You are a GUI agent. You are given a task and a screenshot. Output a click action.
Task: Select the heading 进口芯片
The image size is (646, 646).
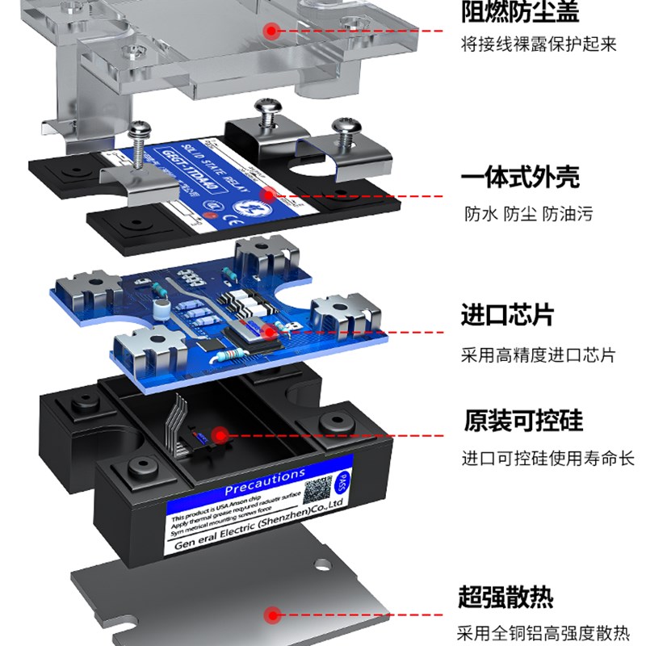click(508, 314)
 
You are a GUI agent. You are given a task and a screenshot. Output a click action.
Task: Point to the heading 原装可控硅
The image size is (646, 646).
click(522, 422)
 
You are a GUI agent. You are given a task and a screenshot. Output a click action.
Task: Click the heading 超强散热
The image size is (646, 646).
click(506, 598)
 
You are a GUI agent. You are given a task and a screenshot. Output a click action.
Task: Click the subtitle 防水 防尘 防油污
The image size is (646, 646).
click(528, 214)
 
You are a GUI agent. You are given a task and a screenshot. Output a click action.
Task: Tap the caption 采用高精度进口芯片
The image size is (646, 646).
click(538, 355)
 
